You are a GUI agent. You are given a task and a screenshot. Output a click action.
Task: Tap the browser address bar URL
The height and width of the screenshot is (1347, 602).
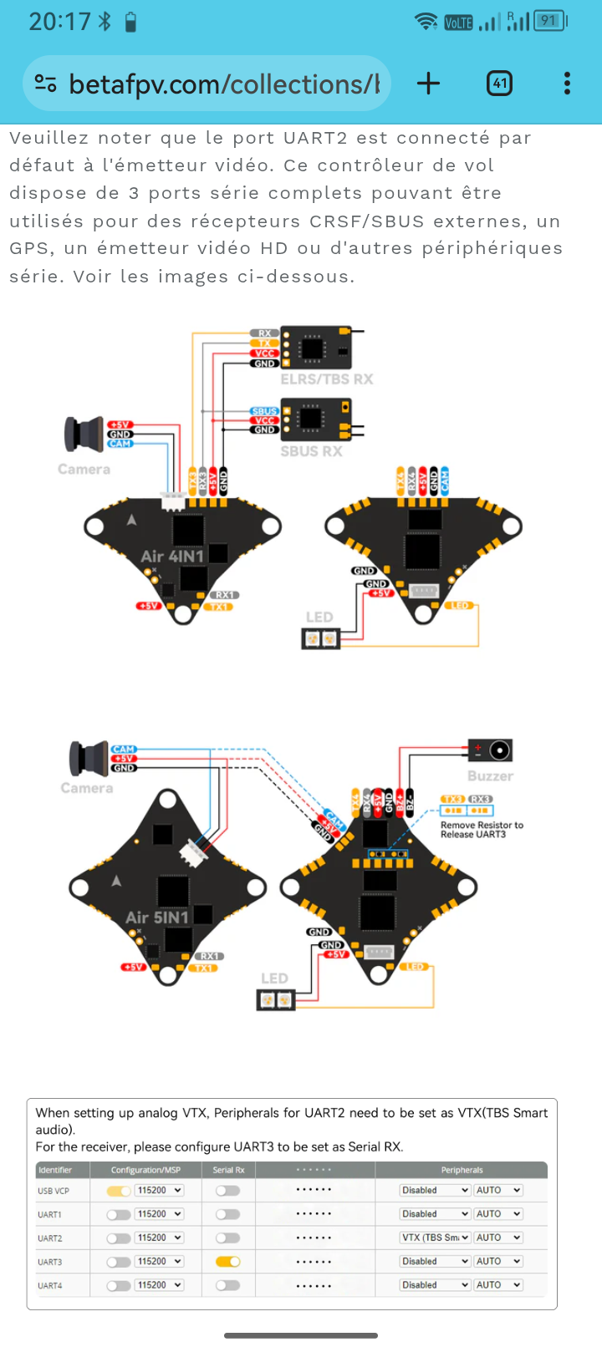(224, 84)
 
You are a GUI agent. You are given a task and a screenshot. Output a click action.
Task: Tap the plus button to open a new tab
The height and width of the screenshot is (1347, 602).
(428, 83)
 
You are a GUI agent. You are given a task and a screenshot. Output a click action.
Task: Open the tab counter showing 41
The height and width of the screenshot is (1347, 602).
(499, 83)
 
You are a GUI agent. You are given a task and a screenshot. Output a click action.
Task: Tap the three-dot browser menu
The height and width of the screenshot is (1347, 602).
(567, 83)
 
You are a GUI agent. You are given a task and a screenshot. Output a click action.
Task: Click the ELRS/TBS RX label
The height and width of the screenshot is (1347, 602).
(327, 379)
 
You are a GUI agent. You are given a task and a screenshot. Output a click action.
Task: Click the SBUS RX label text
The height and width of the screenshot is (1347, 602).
(311, 451)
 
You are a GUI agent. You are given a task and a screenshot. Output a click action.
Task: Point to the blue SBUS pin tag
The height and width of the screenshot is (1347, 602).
(264, 411)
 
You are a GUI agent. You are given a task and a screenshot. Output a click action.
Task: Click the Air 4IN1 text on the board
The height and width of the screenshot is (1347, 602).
(172, 557)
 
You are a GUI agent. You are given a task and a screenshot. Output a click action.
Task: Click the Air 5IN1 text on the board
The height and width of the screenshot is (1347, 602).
(157, 917)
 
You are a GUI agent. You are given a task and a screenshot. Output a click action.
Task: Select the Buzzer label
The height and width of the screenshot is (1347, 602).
(490, 776)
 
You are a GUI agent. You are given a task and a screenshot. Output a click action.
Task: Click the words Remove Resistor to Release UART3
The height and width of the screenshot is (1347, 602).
(482, 830)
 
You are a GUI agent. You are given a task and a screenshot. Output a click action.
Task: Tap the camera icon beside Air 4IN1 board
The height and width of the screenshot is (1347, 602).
(84, 434)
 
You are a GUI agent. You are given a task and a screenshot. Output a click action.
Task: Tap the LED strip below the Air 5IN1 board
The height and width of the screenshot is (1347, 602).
(275, 999)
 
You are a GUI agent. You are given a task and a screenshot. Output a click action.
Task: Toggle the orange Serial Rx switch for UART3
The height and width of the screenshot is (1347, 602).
(227, 1262)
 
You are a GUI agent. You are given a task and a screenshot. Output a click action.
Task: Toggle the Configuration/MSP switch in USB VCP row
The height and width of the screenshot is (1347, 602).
(119, 1191)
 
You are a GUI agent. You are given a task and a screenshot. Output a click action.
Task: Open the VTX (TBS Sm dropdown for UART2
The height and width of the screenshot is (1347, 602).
(436, 1238)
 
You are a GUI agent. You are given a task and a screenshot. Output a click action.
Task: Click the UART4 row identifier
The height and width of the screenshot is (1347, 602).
(50, 1286)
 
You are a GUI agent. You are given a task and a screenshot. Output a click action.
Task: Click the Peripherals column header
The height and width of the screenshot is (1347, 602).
(462, 1170)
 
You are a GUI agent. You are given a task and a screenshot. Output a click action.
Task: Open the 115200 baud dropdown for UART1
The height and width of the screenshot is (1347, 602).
(159, 1214)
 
